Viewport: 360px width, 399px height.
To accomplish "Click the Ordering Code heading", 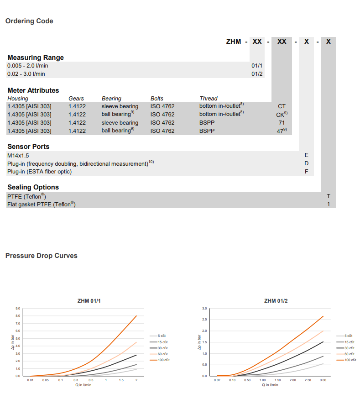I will [x=29, y=21].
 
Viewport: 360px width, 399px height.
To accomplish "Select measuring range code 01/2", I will [x=257, y=73].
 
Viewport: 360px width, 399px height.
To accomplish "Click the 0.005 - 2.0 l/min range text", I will [x=28, y=66].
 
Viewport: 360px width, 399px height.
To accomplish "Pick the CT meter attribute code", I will [x=282, y=106].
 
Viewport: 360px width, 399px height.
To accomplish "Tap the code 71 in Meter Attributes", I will [x=282, y=123].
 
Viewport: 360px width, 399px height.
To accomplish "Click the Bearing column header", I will [x=111, y=98].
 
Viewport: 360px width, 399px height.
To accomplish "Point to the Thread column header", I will [x=209, y=98].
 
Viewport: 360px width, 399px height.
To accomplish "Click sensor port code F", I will [x=307, y=172].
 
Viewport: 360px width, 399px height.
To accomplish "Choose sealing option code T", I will [x=329, y=196].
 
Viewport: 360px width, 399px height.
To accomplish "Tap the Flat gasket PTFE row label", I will [x=41, y=205].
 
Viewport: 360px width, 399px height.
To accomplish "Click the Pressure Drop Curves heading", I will [x=41, y=256].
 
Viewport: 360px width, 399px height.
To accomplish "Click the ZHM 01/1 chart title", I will [x=89, y=301].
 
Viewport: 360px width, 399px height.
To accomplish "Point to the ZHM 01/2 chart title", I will [x=276, y=301].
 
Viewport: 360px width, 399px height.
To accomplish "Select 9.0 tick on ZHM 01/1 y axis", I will [x=17, y=309].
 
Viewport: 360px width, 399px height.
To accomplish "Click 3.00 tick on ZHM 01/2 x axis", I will [x=323, y=380].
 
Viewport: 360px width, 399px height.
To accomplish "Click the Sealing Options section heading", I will [x=33, y=187].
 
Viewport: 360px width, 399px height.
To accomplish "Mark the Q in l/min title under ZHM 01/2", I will [x=270, y=385].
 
